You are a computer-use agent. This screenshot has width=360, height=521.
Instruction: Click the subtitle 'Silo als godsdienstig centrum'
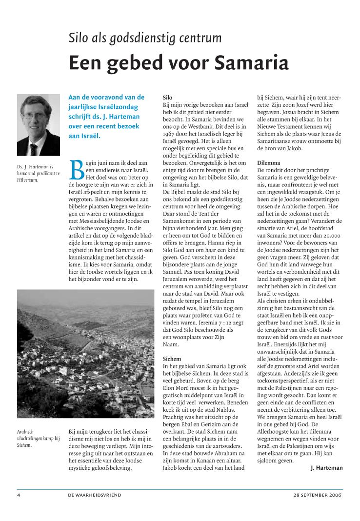[x=145, y=38]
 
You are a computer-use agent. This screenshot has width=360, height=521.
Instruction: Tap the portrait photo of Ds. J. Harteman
[x=38, y=125]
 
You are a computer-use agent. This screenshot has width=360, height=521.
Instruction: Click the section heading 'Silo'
[x=167, y=98]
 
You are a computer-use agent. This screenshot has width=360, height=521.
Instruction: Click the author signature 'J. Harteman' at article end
[x=326, y=468]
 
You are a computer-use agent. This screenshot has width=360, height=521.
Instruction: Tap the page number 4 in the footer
[x=19, y=495]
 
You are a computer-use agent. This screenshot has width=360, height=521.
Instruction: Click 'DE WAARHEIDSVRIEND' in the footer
[x=95, y=495]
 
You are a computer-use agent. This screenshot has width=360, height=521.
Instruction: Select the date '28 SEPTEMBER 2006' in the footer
[x=318, y=495]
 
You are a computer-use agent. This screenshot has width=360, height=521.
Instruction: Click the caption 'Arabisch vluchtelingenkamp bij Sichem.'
[x=38, y=438]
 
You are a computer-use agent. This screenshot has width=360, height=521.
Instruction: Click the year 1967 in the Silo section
[x=169, y=134]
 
